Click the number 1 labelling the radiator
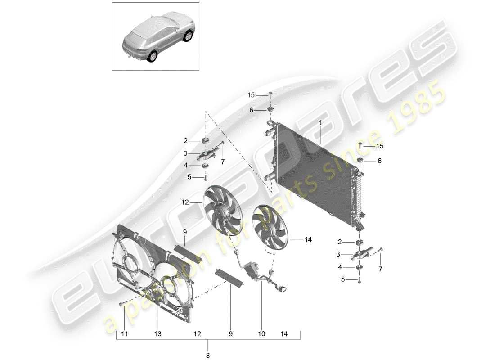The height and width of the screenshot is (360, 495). tap(320, 123)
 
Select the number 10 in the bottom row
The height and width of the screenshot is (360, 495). tap(261, 334)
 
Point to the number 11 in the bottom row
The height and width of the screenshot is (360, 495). tap(125, 334)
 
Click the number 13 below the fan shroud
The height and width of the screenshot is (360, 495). tap(157, 334)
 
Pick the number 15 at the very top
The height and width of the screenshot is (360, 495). tap(251, 95)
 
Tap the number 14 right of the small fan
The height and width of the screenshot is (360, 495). tap(308, 240)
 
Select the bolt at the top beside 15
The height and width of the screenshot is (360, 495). tap(270, 94)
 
